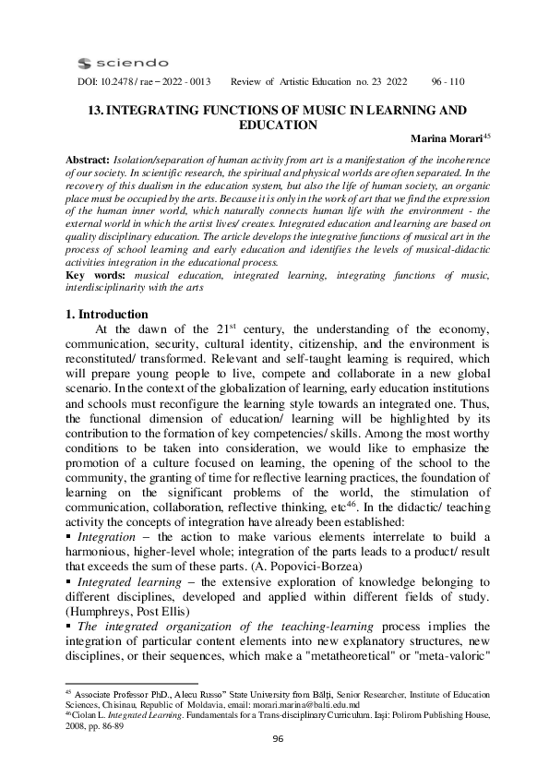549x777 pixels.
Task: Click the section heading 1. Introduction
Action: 108,314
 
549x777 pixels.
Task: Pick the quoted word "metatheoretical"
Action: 382,675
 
